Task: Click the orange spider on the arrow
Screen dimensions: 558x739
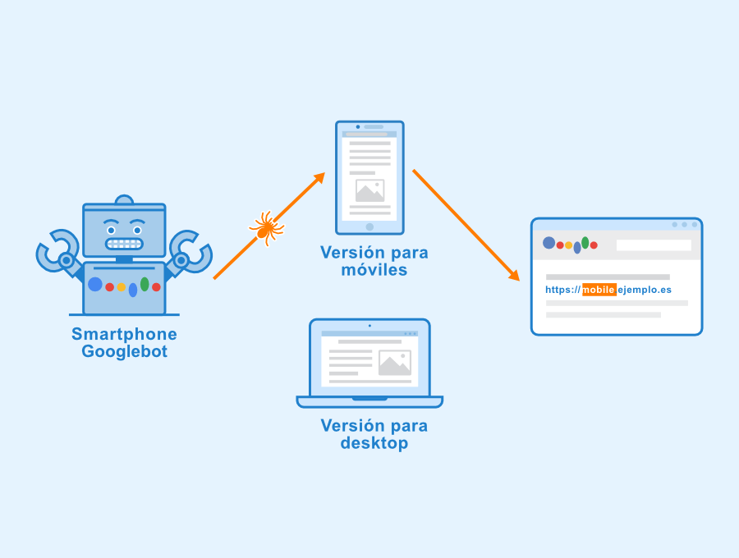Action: tap(266, 227)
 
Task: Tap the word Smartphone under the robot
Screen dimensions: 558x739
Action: tap(124, 334)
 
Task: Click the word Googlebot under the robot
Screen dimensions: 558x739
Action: tap(124, 352)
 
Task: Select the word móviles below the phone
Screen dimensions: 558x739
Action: tap(374, 270)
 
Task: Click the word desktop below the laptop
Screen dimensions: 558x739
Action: tap(374, 444)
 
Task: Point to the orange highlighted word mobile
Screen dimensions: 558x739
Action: tap(599, 290)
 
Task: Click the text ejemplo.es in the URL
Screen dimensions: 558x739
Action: tap(645, 290)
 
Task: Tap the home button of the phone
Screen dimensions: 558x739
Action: tap(369, 226)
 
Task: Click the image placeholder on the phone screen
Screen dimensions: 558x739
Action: tap(369, 190)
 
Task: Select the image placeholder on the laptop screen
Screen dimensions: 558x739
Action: tap(394, 363)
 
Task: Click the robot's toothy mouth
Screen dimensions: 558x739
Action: tap(124, 244)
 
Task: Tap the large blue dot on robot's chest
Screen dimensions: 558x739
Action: tap(95, 284)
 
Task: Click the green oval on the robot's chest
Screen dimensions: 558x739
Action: tap(145, 284)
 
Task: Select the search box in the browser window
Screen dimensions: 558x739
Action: tap(654, 245)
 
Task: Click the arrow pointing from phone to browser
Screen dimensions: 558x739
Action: tap(465, 224)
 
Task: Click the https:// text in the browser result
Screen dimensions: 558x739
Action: tap(563, 290)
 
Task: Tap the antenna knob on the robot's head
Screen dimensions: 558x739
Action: tap(124, 199)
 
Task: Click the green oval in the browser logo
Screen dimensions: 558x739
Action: tap(585, 242)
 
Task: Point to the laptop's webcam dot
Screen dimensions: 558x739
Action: tap(369, 326)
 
